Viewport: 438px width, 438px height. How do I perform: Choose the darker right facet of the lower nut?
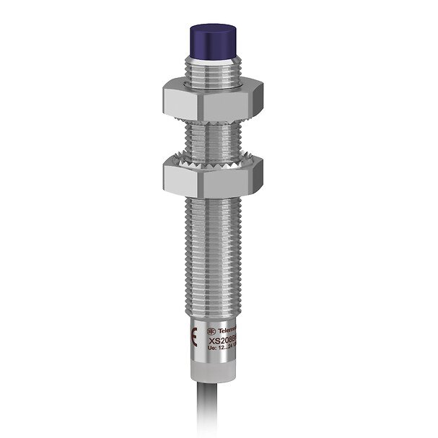coord(242,173)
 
